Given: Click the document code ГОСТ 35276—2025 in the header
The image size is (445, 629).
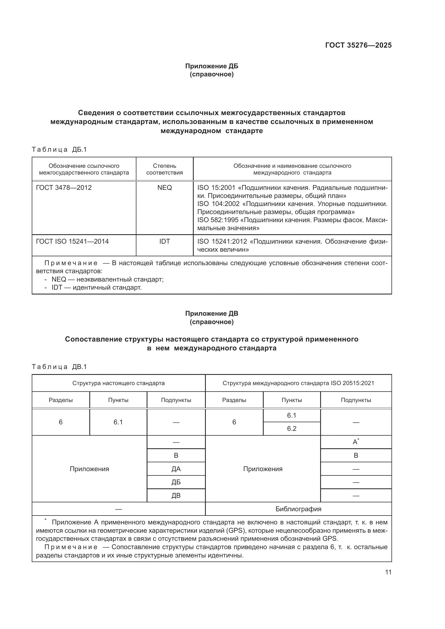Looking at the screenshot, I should point(358,45).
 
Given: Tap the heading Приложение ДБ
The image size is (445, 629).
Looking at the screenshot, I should point(211,66).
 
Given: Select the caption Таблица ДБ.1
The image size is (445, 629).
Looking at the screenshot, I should point(59,150).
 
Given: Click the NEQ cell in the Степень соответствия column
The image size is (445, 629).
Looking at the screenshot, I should point(164,188).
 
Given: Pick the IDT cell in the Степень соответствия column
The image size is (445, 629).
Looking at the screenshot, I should point(164,241).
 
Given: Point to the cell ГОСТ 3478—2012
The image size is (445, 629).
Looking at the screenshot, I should point(64,188).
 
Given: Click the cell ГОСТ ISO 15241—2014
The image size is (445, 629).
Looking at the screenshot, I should point(72,241).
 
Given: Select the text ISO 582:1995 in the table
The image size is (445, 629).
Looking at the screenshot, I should point(218,220).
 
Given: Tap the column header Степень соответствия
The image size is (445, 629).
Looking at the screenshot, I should point(164,169).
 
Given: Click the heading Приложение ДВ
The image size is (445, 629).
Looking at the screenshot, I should point(211,313).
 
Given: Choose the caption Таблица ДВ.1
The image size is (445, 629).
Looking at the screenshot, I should point(59,367).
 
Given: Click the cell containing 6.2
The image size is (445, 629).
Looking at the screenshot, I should point(292,428).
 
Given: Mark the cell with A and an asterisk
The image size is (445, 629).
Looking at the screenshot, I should point(356,442).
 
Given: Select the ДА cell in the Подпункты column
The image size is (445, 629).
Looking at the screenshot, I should point(176,469).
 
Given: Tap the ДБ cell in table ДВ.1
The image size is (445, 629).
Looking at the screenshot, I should point(176,482).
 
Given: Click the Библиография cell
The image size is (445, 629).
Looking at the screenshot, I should point(298,509).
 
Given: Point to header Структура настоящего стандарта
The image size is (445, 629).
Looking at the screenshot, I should point(118,383).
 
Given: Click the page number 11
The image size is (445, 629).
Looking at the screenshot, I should point(388,572).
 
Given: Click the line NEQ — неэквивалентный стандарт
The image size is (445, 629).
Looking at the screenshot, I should point(107,279).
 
